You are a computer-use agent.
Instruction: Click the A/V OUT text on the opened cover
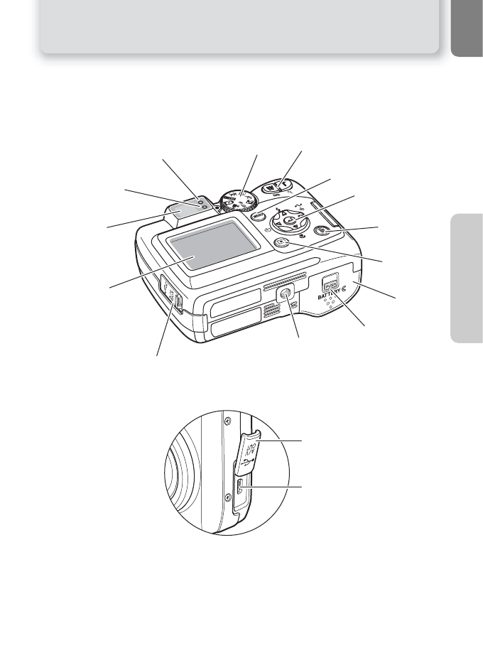[249, 449]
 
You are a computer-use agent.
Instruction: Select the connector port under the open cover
[241, 488]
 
